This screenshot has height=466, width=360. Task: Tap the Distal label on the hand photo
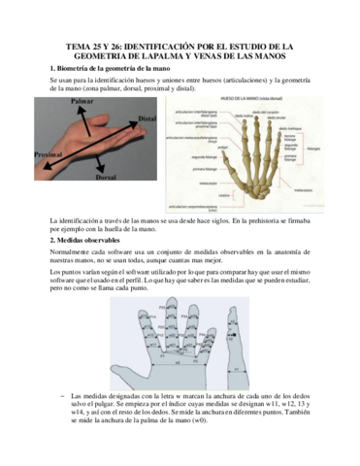pos(147,117)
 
